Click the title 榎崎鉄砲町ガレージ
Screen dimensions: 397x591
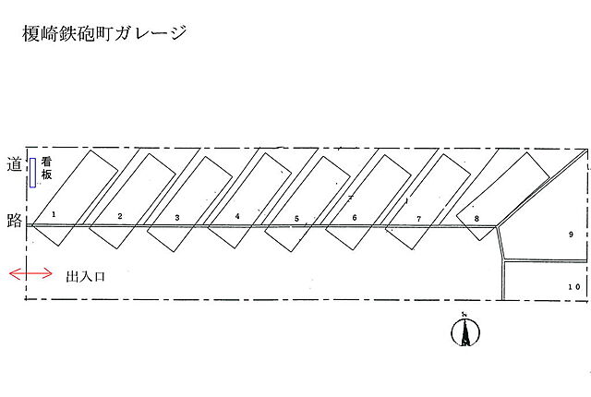[103, 34]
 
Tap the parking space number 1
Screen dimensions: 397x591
[54, 214]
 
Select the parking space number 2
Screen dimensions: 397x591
[119, 216]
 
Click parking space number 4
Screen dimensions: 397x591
[237, 217]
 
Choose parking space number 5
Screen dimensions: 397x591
[296, 219]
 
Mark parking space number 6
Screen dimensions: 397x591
[355, 218]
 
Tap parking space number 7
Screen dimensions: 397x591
[418, 219]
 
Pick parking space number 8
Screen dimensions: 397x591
[476, 219]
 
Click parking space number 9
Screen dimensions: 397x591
[571, 235]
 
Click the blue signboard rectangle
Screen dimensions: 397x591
[33, 172]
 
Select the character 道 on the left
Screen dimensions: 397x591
[13, 164]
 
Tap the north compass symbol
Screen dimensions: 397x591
[464, 331]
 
